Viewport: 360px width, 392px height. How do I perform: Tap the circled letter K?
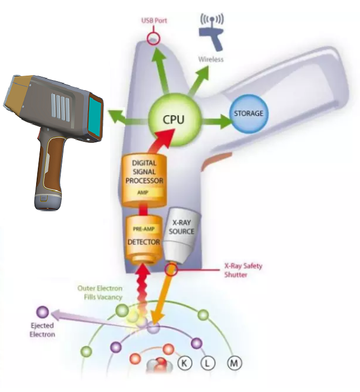point(184,363)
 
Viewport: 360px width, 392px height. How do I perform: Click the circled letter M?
point(234,364)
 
